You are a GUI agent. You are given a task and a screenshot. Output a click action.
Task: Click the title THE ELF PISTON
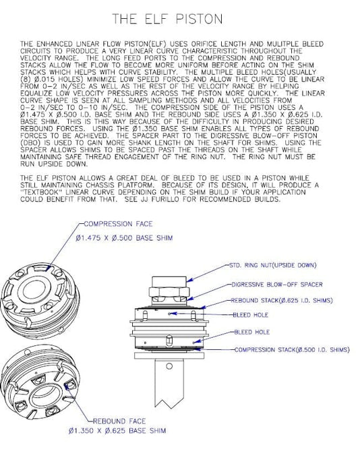tap(168, 19)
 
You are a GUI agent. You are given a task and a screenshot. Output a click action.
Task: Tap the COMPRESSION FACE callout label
tap(118, 224)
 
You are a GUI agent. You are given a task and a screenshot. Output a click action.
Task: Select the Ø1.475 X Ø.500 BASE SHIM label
tap(124, 238)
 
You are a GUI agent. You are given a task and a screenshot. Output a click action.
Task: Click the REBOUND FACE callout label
tap(119, 421)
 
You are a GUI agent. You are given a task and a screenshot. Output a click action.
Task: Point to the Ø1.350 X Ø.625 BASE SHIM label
tap(117, 431)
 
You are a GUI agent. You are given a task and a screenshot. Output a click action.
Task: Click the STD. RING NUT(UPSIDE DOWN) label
tap(273, 265)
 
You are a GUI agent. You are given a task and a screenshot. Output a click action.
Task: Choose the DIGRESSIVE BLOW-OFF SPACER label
tap(276, 285)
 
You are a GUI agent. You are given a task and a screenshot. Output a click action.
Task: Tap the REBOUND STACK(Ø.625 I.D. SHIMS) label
tap(281, 301)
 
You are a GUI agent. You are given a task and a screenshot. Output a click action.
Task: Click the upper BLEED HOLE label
tap(250, 315)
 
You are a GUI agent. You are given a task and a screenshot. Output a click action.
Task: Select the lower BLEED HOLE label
tap(252, 332)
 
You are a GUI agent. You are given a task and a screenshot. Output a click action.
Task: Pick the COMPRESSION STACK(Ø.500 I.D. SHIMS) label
tap(292, 350)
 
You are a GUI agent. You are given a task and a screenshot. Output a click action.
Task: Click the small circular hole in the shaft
tap(169, 366)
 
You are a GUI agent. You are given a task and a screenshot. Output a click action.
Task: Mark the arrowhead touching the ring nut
tap(189, 281)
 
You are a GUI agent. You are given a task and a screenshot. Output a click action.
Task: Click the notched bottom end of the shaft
tap(169, 404)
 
